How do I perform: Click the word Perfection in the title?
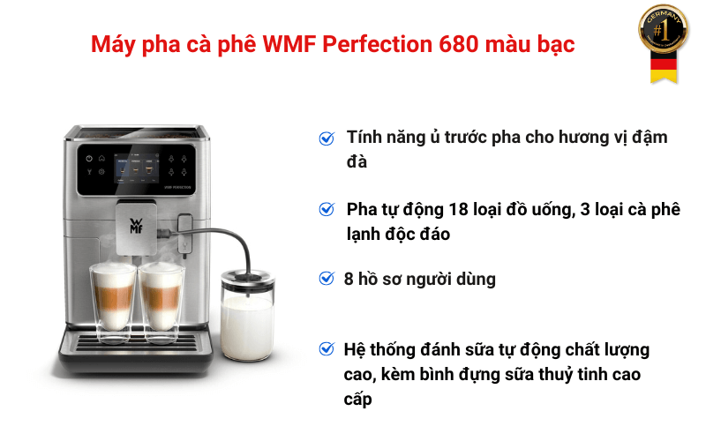378,44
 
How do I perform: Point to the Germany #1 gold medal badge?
664,31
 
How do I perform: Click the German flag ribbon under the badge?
664,69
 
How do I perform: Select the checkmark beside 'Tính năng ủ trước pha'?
327,138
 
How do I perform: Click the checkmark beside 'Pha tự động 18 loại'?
327,209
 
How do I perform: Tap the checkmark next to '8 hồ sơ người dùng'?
327,279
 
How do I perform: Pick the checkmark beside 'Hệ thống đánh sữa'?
327,348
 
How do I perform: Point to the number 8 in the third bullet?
349,279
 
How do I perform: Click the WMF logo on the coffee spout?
136,227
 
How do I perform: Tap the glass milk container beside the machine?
247,315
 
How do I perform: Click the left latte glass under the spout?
113,302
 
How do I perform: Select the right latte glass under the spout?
161,303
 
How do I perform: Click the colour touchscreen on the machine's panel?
137,168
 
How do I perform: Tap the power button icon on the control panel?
89,159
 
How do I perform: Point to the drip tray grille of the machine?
136,343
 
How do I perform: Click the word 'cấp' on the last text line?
358,400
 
